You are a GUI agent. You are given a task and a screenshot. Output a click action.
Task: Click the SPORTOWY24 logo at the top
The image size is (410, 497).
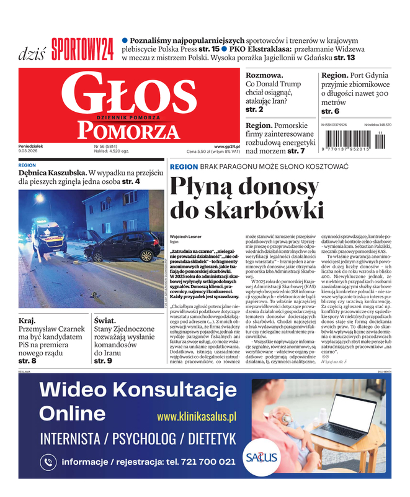click(82, 49)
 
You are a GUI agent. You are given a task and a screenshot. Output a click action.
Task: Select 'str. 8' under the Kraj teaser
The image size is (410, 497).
click(27, 360)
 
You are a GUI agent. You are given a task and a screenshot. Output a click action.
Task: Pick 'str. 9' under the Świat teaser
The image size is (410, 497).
click(103, 360)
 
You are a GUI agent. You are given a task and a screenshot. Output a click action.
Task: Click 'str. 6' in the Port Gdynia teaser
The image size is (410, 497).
click(330, 111)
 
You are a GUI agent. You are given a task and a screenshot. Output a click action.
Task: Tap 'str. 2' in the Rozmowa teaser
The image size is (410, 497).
click(254, 109)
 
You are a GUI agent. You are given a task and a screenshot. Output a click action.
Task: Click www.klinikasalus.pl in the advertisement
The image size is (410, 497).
click(197, 416)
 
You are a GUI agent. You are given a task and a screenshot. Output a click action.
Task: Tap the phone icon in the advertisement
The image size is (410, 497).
click(48, 462)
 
